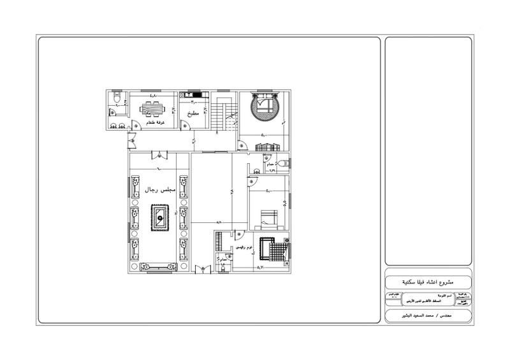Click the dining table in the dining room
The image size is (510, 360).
(x=152, y=109)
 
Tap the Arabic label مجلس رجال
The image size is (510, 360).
(x=159, y=190)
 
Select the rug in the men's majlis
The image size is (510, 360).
(x=159, y=219)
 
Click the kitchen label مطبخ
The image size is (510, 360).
(x=192, y=113)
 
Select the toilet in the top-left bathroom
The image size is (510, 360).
(x=115, y=97)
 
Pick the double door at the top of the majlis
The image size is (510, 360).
(x=159, y=155)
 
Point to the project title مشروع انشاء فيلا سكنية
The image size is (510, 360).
(x=428, y=281)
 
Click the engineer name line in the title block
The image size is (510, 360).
(x=428, y=316)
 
